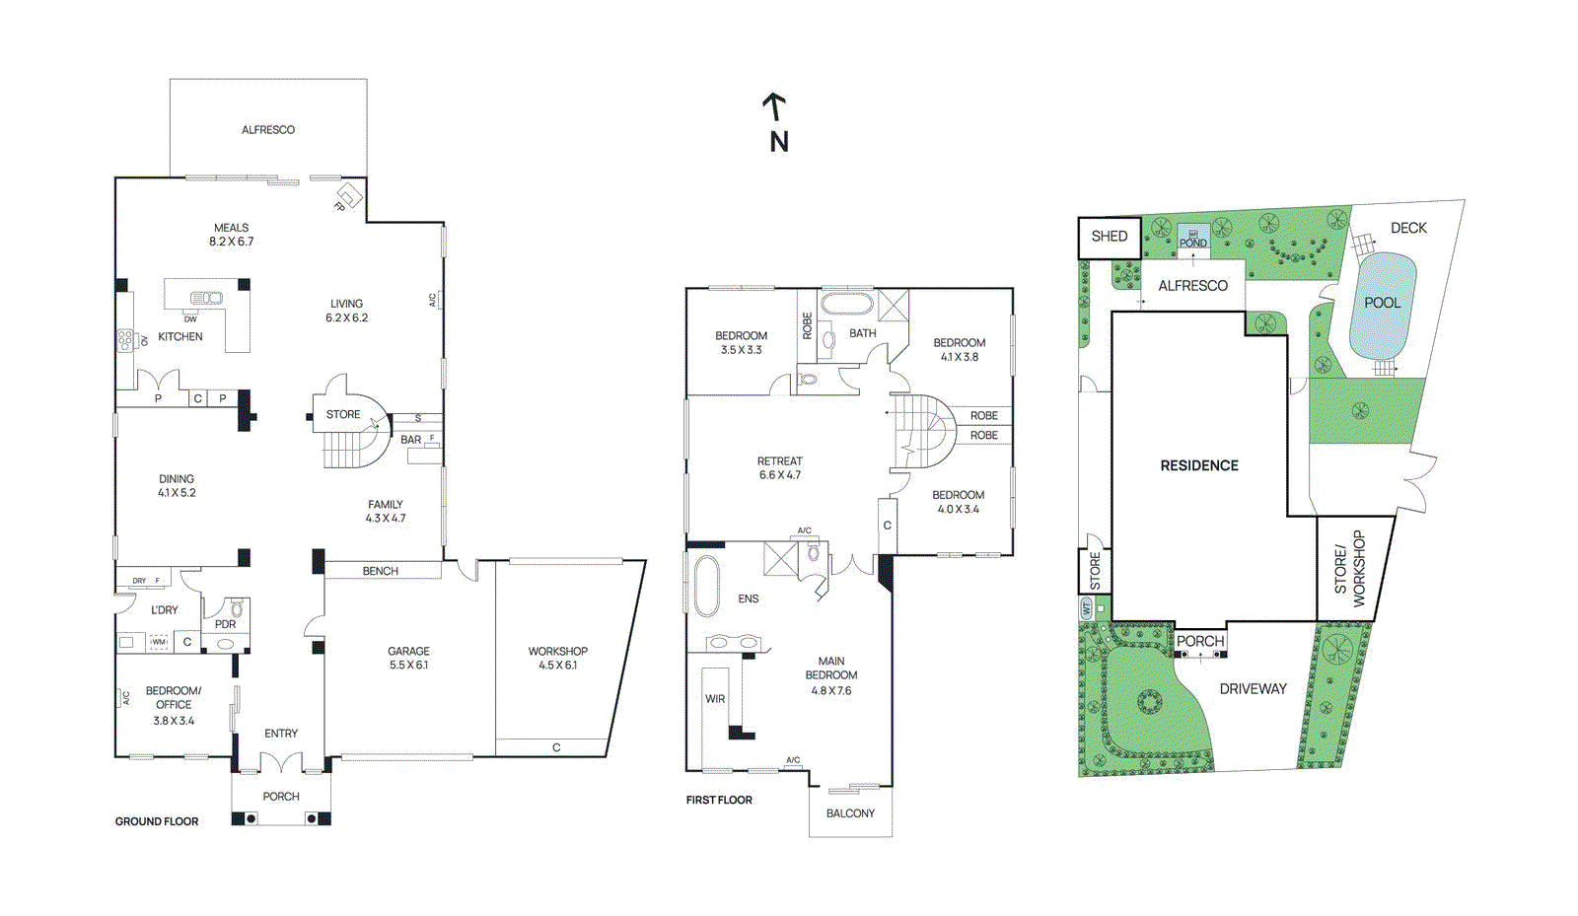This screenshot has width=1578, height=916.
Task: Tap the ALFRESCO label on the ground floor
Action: point(268,130)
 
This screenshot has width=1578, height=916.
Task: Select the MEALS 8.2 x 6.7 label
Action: point(231,235)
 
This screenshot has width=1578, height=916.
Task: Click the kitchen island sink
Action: point(207,298)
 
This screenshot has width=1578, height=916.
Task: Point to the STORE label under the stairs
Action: point(343,415)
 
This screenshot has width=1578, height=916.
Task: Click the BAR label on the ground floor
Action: point(410,440)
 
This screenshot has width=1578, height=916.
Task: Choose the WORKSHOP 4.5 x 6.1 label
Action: point(557,658)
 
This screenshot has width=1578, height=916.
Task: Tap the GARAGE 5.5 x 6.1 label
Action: point(408,658)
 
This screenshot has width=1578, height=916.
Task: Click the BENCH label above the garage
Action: point(380,571)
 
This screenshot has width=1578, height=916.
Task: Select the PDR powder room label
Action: point(225,624)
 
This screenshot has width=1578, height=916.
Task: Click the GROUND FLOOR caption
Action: point(157,821)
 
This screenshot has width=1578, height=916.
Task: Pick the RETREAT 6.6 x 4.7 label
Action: point(779,467)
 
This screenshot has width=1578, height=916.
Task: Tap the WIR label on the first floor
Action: point(715,699)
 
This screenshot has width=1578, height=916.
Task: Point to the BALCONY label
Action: point(850,813)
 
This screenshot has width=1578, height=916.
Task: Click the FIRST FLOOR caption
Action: point(719,800)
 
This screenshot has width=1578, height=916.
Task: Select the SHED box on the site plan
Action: point(1109,237)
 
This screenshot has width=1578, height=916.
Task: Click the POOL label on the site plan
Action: point(1382,303)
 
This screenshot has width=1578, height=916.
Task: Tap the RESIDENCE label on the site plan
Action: point(1199,465)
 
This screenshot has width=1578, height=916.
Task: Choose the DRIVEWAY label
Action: point(1253,689)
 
